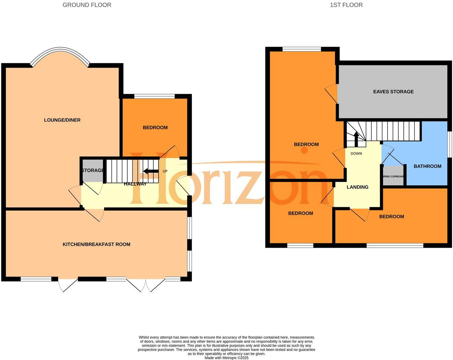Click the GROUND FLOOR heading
click(87, 5)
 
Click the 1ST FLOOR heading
click(346, 5)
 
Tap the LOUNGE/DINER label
click(62, 120)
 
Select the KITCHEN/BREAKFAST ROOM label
click(96, 245)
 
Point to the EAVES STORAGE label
click(393, 92)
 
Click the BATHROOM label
click(427, 166)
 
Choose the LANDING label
click(357, 187)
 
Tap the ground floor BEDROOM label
click(155, 127)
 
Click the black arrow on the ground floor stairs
click(151, 171)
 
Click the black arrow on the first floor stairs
click(356, 139)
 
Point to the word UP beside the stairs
click(165, 171)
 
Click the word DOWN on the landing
click(356, 154)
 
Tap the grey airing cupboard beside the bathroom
click(393, 176)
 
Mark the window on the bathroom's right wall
click(450, 144)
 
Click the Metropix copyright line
click(226, 358)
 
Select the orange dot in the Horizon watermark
click(304, 150)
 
